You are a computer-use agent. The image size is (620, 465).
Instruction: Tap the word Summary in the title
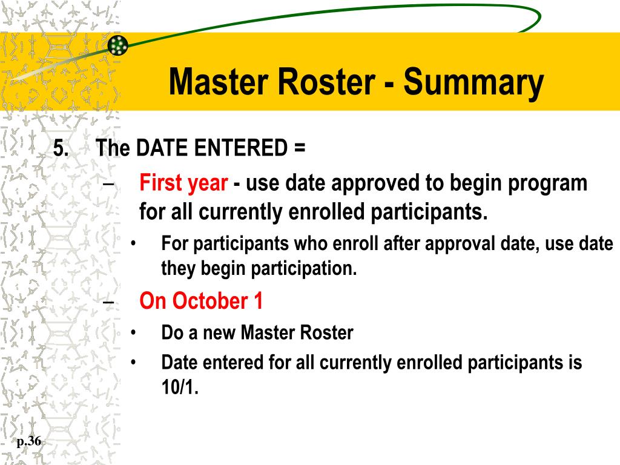[x=474, y=83]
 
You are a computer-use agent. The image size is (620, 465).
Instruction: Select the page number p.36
[x=29, y=441]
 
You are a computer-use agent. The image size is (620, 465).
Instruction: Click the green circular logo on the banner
[x=118, y=45]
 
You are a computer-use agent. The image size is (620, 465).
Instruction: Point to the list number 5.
[x=61, y=149]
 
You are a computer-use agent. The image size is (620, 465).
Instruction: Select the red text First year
[x=183, y=183]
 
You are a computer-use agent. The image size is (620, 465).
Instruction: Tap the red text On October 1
[x=201, y=301]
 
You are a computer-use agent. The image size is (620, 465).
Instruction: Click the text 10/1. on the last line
[x=180, y=387]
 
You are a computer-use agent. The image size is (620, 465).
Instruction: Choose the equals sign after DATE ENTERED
[x=300, y=149]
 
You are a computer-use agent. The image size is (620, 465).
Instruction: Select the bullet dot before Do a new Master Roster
[x=133, y=332]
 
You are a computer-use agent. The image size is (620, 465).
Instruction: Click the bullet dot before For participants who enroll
[x=133, y=244]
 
